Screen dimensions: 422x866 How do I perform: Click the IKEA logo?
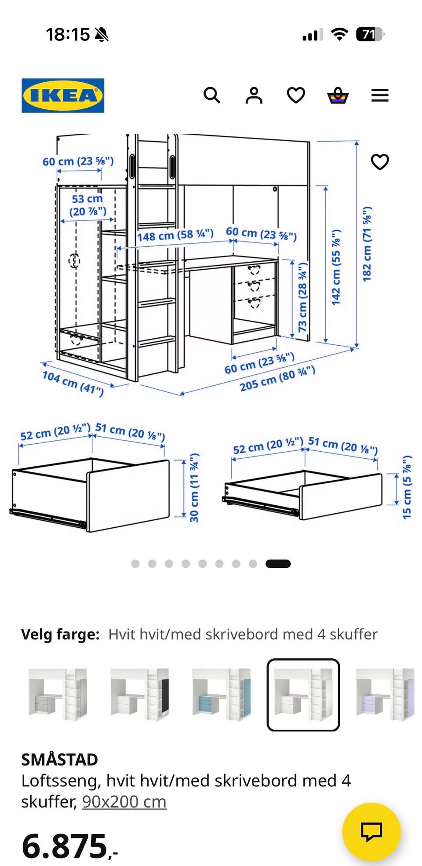point(63,95)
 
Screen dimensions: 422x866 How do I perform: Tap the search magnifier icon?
point(211,95)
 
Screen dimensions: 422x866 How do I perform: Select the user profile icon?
point(254,95)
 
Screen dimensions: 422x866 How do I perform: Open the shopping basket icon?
point(338,95)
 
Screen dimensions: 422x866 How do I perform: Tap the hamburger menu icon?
point(380,95)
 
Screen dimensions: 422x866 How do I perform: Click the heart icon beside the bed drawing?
point(380,162)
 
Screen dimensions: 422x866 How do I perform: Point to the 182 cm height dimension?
point(367,244)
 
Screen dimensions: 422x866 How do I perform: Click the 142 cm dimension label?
point(336,267)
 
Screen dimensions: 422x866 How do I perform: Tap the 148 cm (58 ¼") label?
point(175,235)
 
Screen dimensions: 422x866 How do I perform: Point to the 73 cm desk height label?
point(302,297)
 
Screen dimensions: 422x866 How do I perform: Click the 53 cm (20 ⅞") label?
point(87,205)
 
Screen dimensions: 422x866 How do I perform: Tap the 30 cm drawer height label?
point(194,488)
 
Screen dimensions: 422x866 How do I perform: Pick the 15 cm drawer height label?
point(407,487)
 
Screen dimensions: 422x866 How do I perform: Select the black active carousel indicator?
point(278,563)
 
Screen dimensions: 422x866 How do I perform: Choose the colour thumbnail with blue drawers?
point(222,694)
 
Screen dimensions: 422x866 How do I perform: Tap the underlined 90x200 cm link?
point(124,802)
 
